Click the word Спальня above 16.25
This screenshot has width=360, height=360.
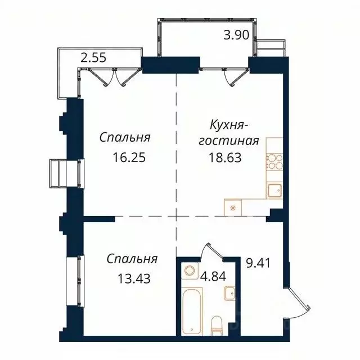[127, 137]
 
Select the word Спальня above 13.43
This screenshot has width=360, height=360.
[132, 259]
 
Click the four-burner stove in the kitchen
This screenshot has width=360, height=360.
[273, 162]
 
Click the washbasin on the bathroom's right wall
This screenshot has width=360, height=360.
[229, 293]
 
